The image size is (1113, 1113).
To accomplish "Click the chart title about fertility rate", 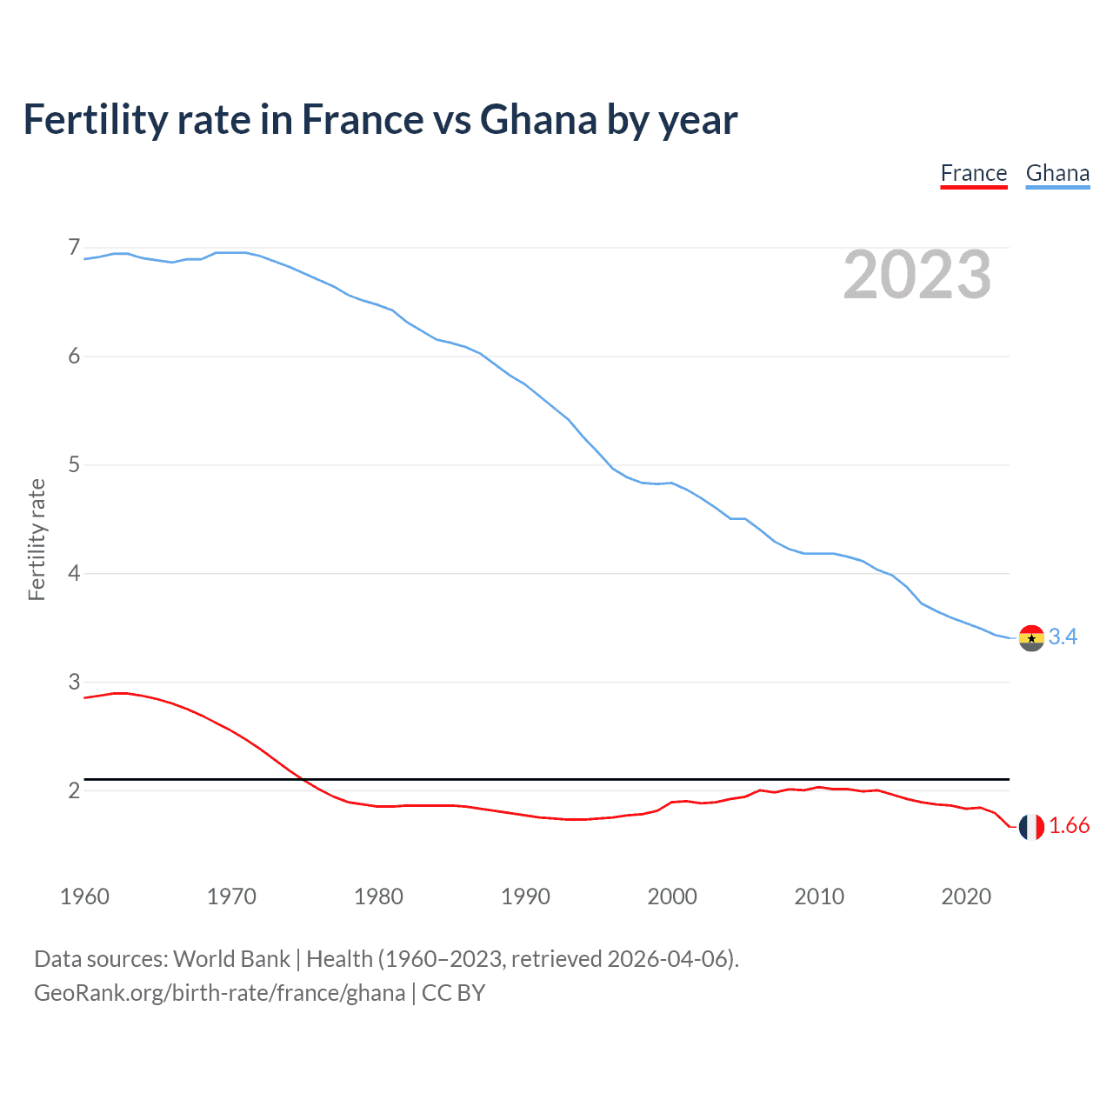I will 380,120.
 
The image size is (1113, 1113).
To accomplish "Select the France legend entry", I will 973,173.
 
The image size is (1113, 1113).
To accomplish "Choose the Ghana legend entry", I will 1057,173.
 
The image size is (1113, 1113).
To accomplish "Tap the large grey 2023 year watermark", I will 917,275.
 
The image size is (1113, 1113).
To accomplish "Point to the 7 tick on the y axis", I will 74,248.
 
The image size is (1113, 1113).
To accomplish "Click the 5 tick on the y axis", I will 74,464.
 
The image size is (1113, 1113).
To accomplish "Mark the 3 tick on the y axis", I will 74,682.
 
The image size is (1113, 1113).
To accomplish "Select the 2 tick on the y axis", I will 74,790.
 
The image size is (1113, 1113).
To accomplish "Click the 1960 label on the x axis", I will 84,896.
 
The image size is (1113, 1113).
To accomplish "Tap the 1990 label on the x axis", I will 525,896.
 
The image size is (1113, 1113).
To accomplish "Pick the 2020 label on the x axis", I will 966,896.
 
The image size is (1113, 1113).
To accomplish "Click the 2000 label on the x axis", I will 672,896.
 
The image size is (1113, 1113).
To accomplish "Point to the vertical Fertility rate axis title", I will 37,539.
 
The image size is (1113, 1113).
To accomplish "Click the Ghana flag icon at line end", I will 1031,637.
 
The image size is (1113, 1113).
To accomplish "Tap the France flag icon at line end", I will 1031,827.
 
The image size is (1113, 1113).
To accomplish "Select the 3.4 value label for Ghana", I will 1063,637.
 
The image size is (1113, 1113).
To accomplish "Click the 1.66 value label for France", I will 1069,826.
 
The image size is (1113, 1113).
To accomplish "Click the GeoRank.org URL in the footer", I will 219,993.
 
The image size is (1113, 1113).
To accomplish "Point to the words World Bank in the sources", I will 231,959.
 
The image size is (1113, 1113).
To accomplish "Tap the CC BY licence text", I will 453,993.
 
